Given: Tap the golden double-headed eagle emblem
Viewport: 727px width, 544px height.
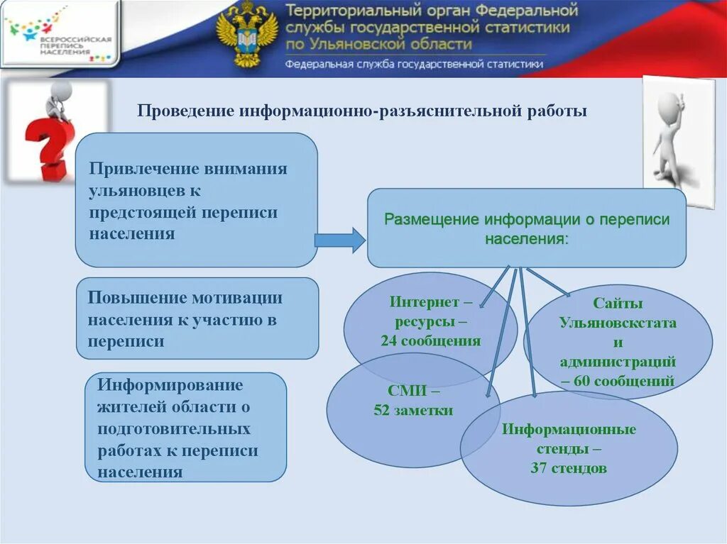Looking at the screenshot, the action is (x=246, y=35).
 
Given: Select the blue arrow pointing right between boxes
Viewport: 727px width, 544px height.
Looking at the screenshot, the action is (x=339, y=241).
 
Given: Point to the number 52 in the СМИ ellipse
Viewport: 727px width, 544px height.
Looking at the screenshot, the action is (x=382, y=411).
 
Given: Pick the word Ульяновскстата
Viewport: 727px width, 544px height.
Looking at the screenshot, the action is (x=618, y=323).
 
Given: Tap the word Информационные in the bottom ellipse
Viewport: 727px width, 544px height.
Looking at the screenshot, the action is (x=569, y=430).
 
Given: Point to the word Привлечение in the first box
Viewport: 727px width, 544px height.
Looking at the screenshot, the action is (x=144, y=169).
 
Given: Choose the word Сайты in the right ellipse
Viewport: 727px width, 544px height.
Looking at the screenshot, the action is (x=618, y=304).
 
